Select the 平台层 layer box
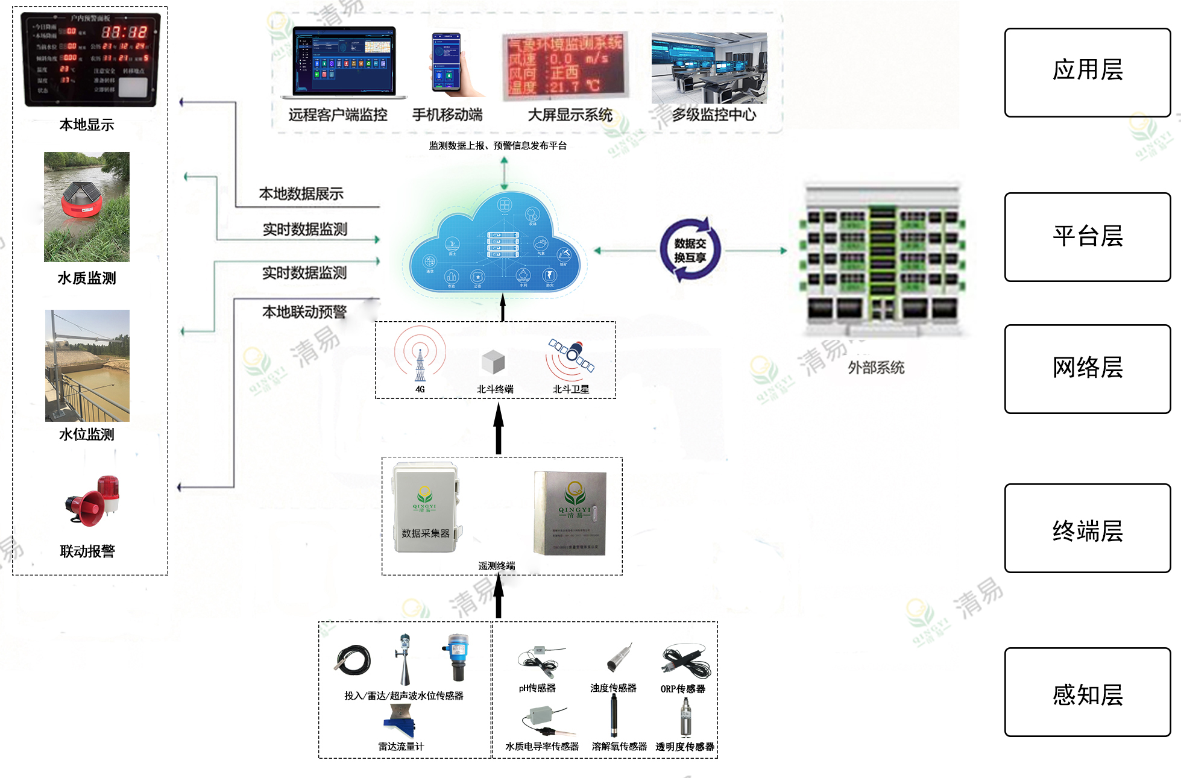click(x=1087, y=237)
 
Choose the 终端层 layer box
click(x=1087, y=528)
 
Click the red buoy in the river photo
click(x=83, y=201)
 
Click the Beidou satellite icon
click(x=572, y=356)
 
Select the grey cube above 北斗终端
click(x=493, y=362)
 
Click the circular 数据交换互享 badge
click(x=690, y=250)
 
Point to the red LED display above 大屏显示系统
click(x=565, y=66)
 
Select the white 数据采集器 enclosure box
click(x=425, y=507)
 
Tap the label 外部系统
click(x=876, y=368)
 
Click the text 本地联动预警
click(x=304, y=312)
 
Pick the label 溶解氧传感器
click(x=619, y=746)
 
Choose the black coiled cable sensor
click(x=353, y=660)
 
